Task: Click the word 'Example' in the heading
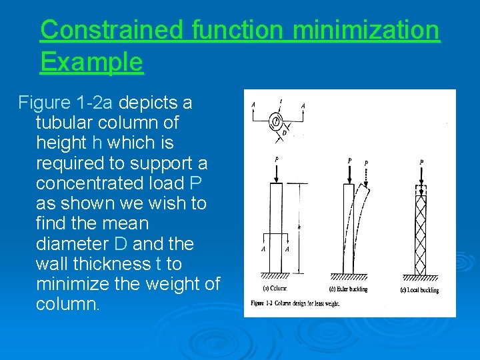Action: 91,62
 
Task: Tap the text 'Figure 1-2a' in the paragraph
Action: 75,103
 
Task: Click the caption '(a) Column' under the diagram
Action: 275,289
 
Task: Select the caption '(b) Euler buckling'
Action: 349,289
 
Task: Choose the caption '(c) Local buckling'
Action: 419,289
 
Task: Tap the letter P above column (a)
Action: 276,160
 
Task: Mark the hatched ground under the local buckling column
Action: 421,277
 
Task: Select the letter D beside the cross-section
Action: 285,133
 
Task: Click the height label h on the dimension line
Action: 299,227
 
